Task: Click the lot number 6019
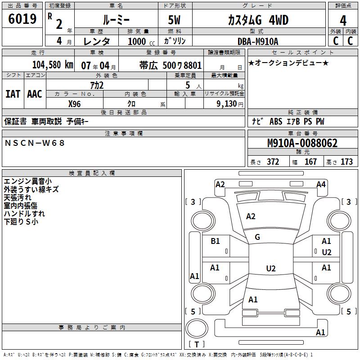tap(22, 18)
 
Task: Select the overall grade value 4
tap(343, 20)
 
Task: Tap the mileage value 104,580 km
tap(53, 65)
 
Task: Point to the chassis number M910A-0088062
tap(302, 143)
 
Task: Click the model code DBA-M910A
tap(258, 41)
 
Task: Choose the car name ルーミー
tap(116, 20)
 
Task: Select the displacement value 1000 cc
tap(141, 41)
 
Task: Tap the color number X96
tap(74, 104)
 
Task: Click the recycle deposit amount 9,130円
tap(230, 104)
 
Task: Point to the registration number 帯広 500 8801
tap(171, 65)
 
